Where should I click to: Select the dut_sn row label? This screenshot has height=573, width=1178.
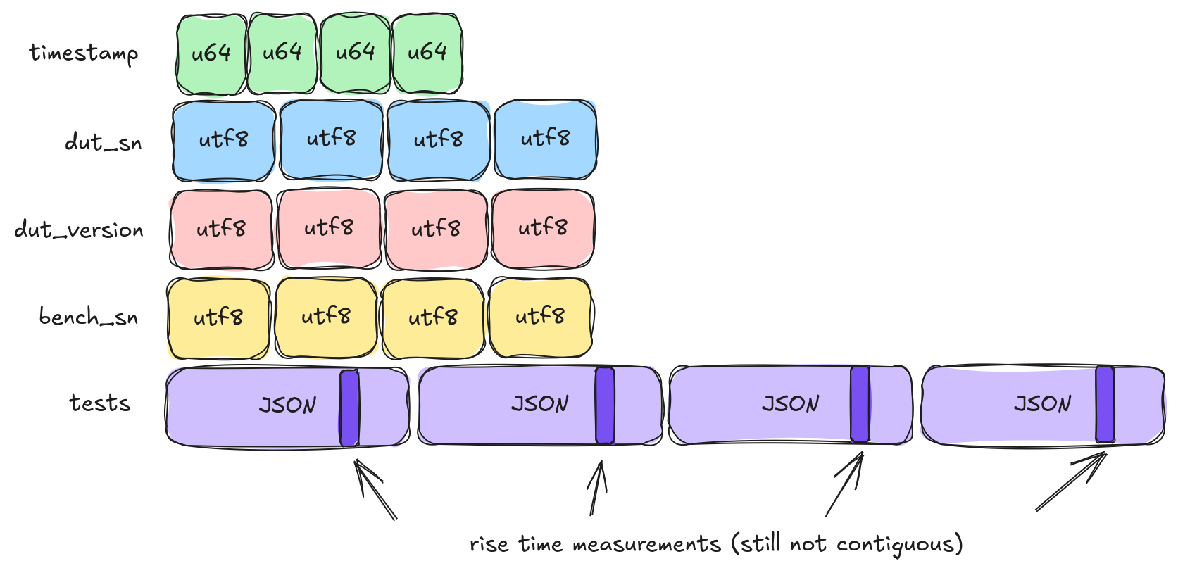click(104, 142)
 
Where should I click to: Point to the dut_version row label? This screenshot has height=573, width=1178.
click(79, 229)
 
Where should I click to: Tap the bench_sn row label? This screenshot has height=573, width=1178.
click(89, 317)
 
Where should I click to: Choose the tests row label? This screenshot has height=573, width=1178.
click(100, 403)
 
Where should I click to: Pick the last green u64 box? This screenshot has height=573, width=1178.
click(427, 53)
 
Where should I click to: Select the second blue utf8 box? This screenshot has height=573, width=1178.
click(331, 139)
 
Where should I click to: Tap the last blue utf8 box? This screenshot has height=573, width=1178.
click(545, 139)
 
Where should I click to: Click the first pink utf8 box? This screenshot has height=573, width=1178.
click(221, 229)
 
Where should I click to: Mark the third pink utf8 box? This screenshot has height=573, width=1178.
click(436, 229)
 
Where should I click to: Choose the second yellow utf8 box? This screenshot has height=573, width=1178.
click(326, 317)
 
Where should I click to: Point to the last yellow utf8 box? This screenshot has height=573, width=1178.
click(540, 317)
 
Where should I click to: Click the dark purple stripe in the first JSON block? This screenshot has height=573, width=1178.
click(349, 408)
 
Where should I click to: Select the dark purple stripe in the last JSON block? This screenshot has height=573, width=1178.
click(1105, 405)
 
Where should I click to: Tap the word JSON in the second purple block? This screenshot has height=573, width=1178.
click(540, 404)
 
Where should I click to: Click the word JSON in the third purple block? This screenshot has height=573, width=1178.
click(790, 404)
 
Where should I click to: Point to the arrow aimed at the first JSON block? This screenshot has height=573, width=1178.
click(375, 490)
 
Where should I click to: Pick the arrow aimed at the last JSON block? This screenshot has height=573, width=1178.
click(1071, 482)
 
